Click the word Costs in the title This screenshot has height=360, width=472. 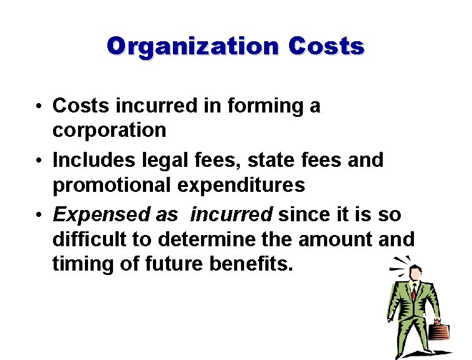327,47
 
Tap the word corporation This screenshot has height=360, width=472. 109,130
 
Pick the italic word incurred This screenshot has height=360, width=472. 232,215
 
